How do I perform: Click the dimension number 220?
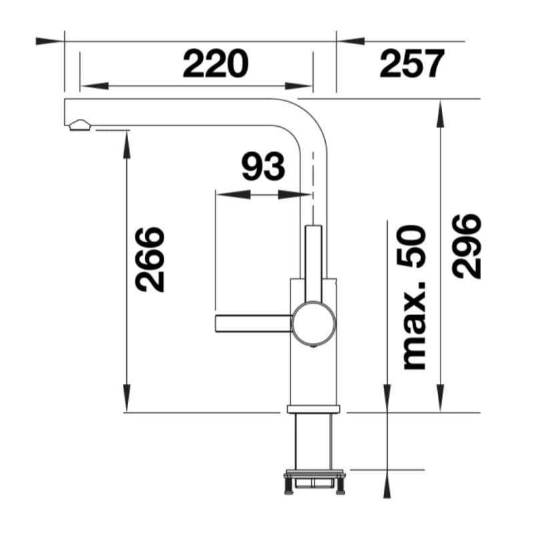pos(216,63)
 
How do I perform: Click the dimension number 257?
pos(412,63)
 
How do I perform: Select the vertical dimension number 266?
pos(150,260)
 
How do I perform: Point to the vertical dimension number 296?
pos(467,246)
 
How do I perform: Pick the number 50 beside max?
pos(411,246)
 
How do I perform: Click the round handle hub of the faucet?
pos(314,322)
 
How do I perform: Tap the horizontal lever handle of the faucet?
pos(254,323)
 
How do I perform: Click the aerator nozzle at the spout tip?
pos(80,125)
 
